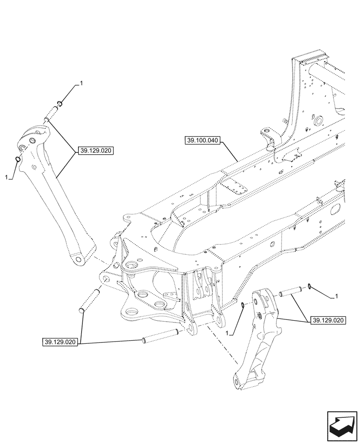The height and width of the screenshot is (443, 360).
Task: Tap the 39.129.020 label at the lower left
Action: click(61, 342)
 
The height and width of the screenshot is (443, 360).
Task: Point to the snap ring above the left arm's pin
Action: click(59, 105)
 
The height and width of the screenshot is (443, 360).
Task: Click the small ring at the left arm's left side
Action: click(17, 159)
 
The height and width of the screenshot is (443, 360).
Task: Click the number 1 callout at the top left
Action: click(81, 83)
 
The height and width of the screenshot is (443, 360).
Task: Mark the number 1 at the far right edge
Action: click(337, 295)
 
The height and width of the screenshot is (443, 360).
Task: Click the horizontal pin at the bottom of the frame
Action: click(160, 336)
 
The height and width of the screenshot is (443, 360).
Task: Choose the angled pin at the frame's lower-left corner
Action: click(89, 301)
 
